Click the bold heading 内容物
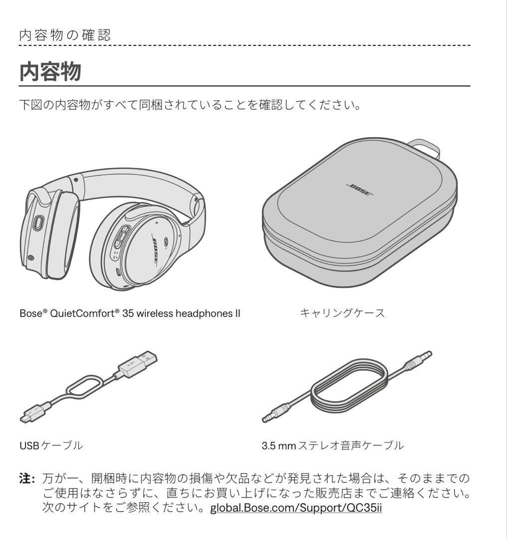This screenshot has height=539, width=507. pyautogui.click(x=50, y=72)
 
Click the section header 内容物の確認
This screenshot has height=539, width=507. pyautogui.click(x=65, y=35)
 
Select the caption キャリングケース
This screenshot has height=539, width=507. pyautogui.click(x=342, y=313)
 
